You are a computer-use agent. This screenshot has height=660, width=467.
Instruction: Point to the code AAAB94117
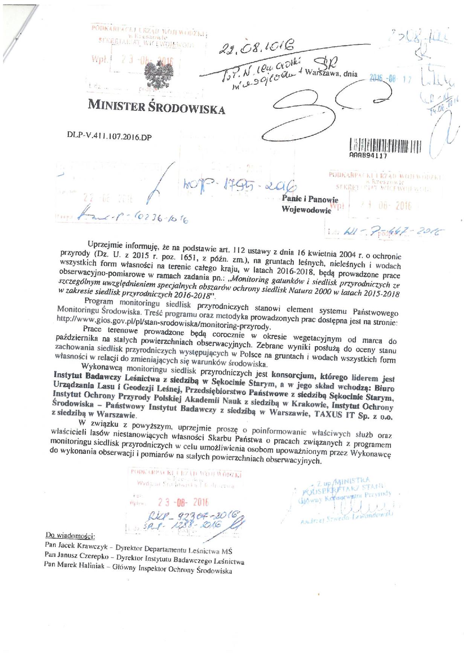tap(365, 155)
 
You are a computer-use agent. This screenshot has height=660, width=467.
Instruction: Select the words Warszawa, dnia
tap(332, 75)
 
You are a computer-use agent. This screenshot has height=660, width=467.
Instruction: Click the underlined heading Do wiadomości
tap(70, 535)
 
